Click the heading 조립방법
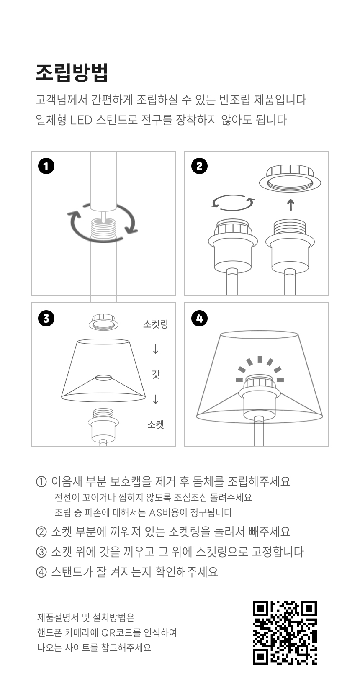tap(72, 73)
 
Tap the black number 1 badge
tap(46, 166)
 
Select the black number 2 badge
tap(200, 166)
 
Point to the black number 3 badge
tap(46, 319)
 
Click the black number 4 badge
tap(200, 319)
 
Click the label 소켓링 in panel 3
tap(156, 324)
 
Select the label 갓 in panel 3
tap(156, 374)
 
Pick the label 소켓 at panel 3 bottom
tap(156, 424)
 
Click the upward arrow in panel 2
tap(291, 205)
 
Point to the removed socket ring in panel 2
tap(290, 178)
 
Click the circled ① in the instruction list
tap(41, 482)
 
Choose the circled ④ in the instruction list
tap(41, 572)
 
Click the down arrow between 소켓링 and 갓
tap(156, 349)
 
